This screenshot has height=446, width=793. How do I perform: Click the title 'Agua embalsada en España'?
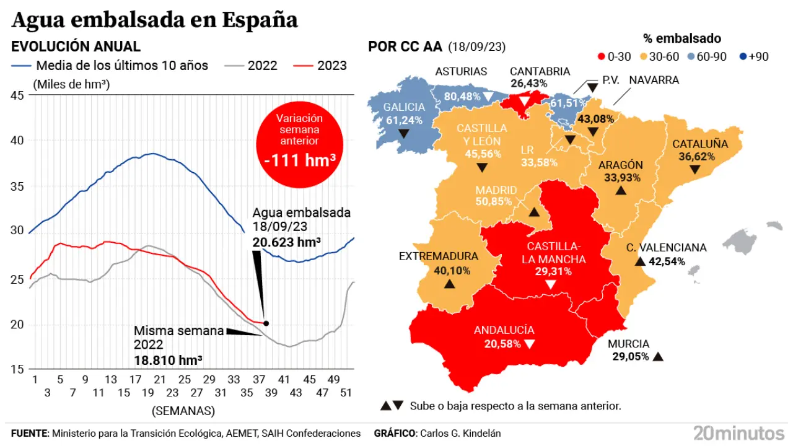(x=155, y=20)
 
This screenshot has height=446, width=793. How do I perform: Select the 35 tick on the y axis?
(x=17, y=186)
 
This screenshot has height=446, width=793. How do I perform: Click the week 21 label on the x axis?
(x=160, y=379)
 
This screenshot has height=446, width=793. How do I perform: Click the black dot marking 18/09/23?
(x=266, y=323)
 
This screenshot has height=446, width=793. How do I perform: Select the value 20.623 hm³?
(x=286, y=242)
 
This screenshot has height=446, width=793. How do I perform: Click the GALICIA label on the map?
(x=404, y=107)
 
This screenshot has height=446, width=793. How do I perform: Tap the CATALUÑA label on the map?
(x=699, y=144)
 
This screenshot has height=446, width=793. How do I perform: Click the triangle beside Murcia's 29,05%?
(x=658, y=356)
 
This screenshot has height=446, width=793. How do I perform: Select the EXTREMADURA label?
(x=438, y=256)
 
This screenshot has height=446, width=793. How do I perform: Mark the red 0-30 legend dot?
(x=600, y=57)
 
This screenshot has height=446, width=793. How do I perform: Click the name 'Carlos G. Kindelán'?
(x=460, y=434)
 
